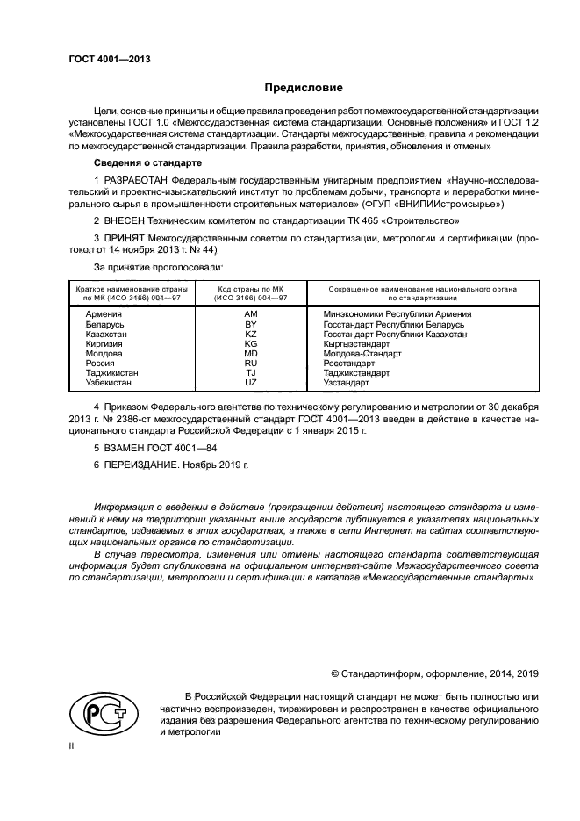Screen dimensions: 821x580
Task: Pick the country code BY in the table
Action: point(250,325)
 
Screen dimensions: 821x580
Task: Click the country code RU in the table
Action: point(250,364)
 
